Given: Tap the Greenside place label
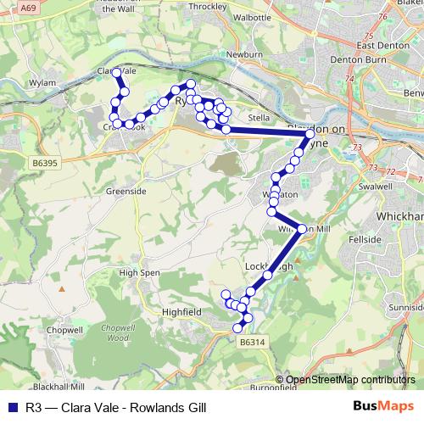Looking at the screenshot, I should tap(126, 192).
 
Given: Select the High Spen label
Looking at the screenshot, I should tap(139, 273).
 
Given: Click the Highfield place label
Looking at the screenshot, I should tap(181, 312).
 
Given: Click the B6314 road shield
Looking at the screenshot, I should tap(252, 341).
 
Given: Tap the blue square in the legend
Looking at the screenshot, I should tap(14, 407).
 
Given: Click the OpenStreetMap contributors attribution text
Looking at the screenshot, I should tap(350, 380).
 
